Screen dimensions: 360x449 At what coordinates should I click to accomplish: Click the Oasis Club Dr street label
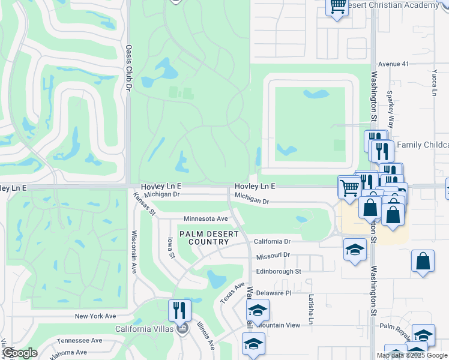(128, 67)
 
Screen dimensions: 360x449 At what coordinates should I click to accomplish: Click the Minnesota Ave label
(206, 219)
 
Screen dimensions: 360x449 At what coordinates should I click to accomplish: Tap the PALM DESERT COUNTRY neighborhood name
(200, 237)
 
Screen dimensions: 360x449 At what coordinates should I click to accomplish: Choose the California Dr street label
(272, 241)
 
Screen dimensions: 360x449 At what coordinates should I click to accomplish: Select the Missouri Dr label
(273, 255)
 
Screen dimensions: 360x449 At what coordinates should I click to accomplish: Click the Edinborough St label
(278, 271)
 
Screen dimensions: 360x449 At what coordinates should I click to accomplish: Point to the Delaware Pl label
(273, 293)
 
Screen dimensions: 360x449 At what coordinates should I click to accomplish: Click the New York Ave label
(95, 316)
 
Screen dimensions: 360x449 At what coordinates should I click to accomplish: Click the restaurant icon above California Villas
(179, 311)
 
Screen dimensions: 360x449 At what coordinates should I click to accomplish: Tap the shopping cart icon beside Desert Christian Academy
(337, 6)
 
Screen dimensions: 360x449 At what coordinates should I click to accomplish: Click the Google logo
(20, 353)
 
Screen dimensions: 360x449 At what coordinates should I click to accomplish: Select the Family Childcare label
(423, 145)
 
